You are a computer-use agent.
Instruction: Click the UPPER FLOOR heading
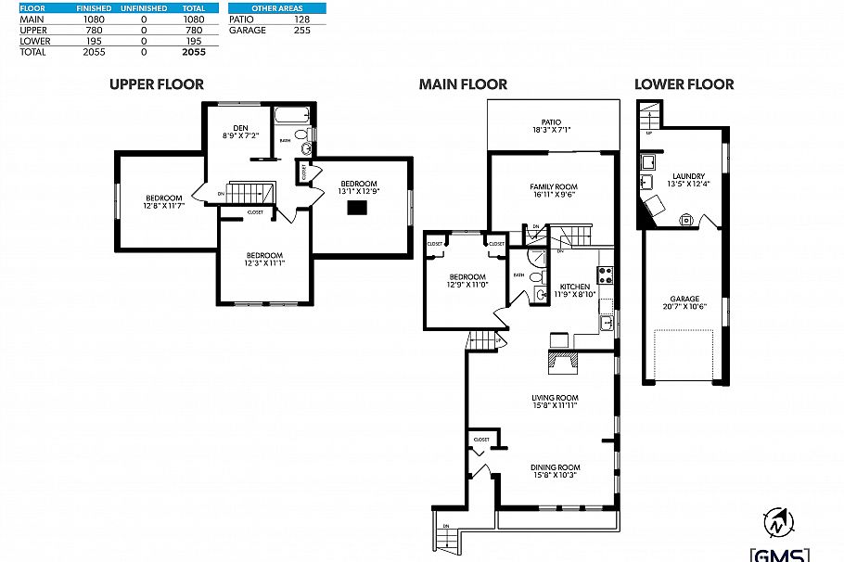(x=157, y=84)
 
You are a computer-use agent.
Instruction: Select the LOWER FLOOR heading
(x=684, y=84)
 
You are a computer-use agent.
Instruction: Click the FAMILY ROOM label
(x=553, y=186)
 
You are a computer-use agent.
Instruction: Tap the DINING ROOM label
(x=556, y=467)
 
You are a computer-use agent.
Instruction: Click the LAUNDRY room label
(x=688, y=176)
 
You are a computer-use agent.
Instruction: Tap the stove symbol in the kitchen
(x=607, y=274)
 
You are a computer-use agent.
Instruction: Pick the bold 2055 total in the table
(x=194, y=53)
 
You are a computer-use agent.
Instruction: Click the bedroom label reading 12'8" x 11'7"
(x=163, y=200)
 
